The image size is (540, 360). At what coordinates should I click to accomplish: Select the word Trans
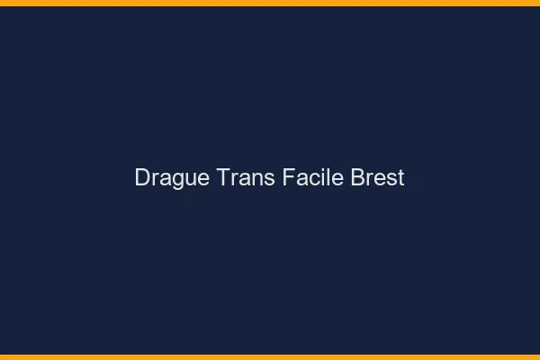point(246,178)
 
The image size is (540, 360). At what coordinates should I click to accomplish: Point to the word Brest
point(378,178)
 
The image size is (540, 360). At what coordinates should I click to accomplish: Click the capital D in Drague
point(142,178)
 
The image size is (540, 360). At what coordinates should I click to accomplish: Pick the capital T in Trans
point(223,178)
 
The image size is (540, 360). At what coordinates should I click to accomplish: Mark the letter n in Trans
point(255,179)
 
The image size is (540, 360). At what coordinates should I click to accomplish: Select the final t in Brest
point(400,178)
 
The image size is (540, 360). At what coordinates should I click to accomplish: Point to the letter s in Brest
point(391,179)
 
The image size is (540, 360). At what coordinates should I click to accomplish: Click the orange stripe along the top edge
point(270,3)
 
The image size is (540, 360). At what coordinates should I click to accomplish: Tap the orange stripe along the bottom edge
point(270,356)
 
